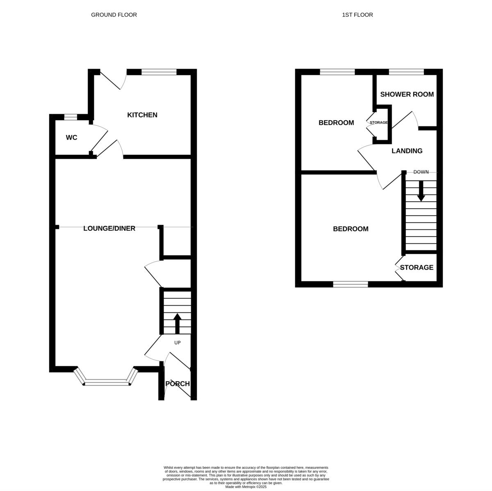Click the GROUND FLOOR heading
pyautogui.click(x=114, y=15)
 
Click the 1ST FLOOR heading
pyautogui.click(x=357, y=15)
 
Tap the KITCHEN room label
pyautogui.click(x=142, y=115)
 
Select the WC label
pyautogui.click(x=71, y=138)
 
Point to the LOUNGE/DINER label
pyautogui.click(x=109, y=228)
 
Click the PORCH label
pyautogui.click(x=178, y=384)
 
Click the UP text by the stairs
pyautogui.click(x=178, y=342)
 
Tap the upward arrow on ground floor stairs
pyautogui.click(x=177, y=323)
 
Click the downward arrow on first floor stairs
pyautogui.click(x=421, y=192)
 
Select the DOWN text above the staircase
pyautogui.click(x=421, y=172)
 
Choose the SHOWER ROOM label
pyautogui.click(x=407, y=94)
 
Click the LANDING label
pyautogui.click(x=407, y=151)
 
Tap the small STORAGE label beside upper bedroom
pyautogui.click(x=378, y=123)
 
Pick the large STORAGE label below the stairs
pyautogui.click(x=417, y=267)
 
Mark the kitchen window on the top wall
pyautogui.click(x=159, y=72)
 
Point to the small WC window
pyautogui.click(x=71, y=117)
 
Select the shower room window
pyautogui.click(x=406, y=72)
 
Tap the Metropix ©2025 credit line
pyautogui.click(x=246, y=487)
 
